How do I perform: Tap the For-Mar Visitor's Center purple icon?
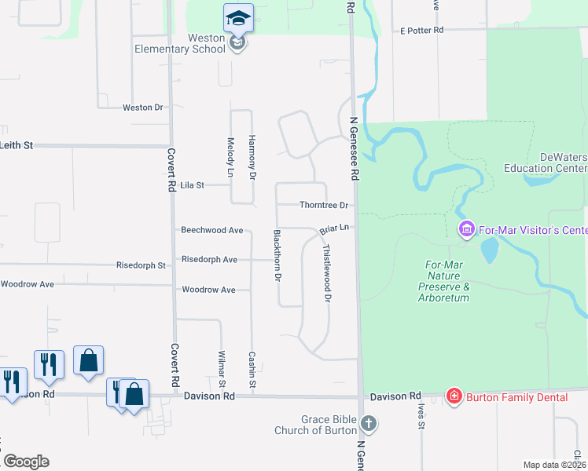point(466,229)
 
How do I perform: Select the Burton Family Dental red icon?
point(454,396)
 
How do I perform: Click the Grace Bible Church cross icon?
point(368,425)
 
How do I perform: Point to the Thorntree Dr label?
point(323,206)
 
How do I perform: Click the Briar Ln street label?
point(333,230)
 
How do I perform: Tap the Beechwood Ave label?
point(211,230)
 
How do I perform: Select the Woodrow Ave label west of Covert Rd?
point(28,283)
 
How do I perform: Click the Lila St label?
point(192,185)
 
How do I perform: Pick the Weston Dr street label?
point(142,108)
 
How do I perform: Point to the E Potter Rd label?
point(421,30)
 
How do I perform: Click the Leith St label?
point(17,145)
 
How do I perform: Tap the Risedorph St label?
point(141,265)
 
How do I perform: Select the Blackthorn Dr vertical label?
point(277,257)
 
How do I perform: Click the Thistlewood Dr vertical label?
point(327,272)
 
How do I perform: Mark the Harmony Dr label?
point(252,154)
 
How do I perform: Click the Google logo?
point(26,462)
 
